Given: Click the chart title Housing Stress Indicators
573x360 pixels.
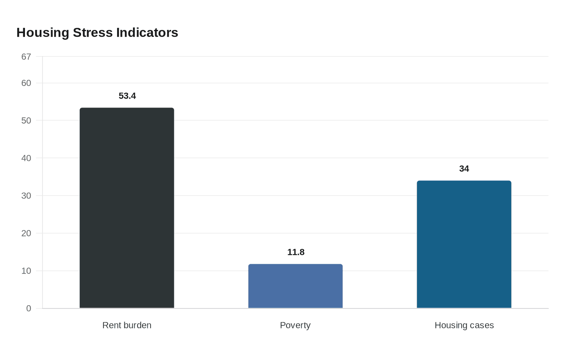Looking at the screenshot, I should (97, 33).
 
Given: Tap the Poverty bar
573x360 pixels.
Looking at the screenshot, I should (296, 286).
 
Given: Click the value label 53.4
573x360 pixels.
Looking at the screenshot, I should (127, 96).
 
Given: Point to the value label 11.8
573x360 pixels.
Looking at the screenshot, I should (296, 252).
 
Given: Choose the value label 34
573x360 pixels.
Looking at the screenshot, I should (464, 169).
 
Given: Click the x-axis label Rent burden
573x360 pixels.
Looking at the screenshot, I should (127, 325).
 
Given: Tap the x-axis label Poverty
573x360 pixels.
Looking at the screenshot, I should (295, 325).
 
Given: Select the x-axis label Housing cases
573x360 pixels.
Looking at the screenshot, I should (464, 325).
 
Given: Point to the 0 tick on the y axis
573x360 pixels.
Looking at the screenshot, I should (29, 308).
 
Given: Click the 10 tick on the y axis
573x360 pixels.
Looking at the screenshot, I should (26, 271).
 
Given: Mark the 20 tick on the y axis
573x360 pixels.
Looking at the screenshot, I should (26, 233).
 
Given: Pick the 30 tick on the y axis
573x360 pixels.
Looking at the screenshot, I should (26, 196).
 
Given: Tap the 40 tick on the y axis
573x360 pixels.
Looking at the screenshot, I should (26, 158).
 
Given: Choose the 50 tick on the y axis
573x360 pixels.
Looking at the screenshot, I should (26, 120).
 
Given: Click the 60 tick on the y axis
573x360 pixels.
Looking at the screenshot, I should (26, 83).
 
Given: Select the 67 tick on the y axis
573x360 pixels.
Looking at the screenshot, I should (26, 56).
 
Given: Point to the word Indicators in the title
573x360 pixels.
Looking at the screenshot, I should (147, 33).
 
